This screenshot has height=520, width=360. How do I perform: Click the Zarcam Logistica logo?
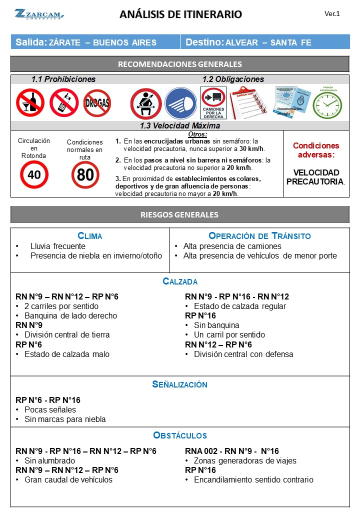pyautogui.click(x=39, y=14)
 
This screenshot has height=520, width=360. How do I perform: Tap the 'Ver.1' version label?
pyautogui.click(x=332, y=14)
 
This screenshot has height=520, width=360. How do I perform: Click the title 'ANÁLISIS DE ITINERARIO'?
pyautogui.click(x=180, y=14)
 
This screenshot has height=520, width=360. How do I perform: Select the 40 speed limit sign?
pyautogui.click(x=34, y=174)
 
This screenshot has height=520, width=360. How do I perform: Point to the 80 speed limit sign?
pyautogui.click(x=85, y=174)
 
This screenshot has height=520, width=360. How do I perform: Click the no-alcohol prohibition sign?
pyautogui.click(x=30, y=102)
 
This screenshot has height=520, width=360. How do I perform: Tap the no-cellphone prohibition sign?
pyautogui.click(x=64, y=102)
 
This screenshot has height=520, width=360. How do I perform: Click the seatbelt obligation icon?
pyautogui.click(x=145, y=103)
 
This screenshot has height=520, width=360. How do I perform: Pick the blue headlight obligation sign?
pyautogui.click(x=180, y=103)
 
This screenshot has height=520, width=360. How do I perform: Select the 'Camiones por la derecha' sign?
pyautogui.click(x=213, y=103)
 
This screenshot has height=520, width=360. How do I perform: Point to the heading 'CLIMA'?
pyautogui.click(x=90, y=236)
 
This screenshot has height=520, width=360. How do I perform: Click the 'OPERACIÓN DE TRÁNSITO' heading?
pyautogui.click(x=259, y=236)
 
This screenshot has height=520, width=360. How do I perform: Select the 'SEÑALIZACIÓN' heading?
pyautogui.click(x=180, y=384)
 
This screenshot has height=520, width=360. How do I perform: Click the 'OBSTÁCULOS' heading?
pyautogui.click(x=180, y=435)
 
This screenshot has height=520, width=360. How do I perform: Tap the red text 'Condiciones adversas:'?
pyautogui.click(x=316, y=150)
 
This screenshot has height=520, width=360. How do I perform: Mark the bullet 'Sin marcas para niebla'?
pyautogui.click(x=65, y=419)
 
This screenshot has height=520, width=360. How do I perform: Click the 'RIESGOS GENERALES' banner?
pyautogui.click(x=180, y=215)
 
